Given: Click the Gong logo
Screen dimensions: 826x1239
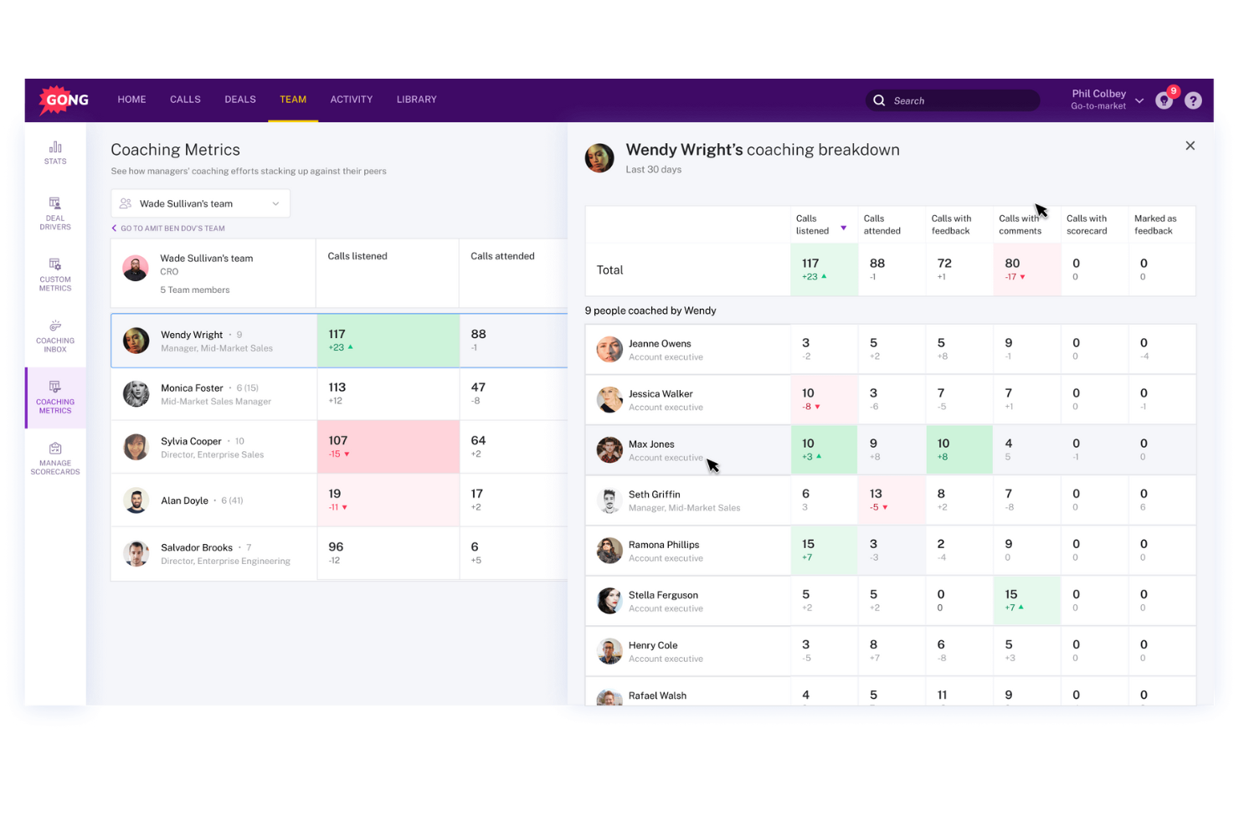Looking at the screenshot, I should point(64,100).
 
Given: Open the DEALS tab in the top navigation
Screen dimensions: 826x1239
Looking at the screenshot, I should point(239,100).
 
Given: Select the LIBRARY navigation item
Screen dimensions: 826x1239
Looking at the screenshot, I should point(416,100).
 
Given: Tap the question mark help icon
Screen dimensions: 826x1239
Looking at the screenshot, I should point(1193,100).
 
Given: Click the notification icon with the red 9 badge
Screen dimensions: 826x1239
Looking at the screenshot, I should point(1164,100).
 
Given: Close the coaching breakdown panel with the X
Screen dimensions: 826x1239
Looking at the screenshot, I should point(1190,146).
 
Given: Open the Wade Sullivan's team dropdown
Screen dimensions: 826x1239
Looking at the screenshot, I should point(200,203).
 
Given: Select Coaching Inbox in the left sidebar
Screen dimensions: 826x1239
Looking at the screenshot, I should point(55,336).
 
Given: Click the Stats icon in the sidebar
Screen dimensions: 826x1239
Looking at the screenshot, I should point(55,152).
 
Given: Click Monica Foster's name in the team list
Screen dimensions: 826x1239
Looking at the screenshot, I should point(192,388).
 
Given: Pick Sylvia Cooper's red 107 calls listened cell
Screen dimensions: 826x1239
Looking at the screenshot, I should point(388,447).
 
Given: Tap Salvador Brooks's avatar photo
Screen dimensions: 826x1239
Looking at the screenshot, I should point(136,553).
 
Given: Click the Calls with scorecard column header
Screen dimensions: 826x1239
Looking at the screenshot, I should point(1086,224).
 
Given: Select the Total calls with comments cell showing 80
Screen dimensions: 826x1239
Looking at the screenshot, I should point(1026,269).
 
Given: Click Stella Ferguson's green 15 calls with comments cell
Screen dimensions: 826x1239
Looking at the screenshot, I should point(1026,600).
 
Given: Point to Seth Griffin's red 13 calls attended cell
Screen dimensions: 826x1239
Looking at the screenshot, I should point(891,500).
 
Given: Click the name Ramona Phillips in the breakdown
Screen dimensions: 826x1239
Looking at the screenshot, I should point(663,545).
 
